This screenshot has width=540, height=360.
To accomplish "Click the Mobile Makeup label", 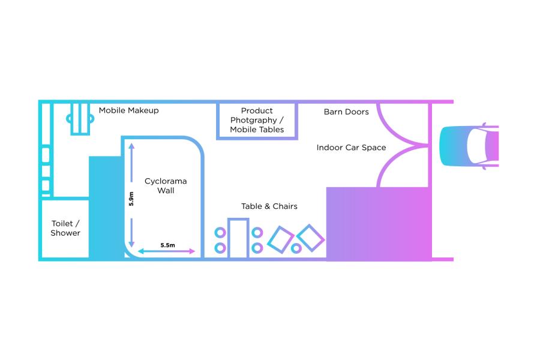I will pyautogui.click(x=129, y=110).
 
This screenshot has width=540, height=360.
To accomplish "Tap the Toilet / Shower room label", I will pyautogui.click(x=65, y=229).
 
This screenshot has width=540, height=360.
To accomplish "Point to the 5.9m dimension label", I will pyautogui.click(x=131, y=199).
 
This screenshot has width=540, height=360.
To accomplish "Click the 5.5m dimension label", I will pyautogui.click(x=167, y=245).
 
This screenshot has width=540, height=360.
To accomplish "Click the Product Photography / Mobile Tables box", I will pyautogui.click(x=257, y=121).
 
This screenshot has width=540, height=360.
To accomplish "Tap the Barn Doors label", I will pyautogui.click(x=346, y=112).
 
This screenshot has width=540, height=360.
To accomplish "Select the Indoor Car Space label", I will pyautogui.click(x=351, y=148).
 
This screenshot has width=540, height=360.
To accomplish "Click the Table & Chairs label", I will pyautogui.click(x=269, y=206).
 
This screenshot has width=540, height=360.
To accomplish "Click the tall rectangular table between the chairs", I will pyautogui.click(x=238, y=239).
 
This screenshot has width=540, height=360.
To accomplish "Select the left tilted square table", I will pyautogui.click(x=280, y=239).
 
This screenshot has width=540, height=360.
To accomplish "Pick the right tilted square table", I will pyautogui.click(x=310, y=238).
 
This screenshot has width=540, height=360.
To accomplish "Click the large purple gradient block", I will pyautogui.click(x=379, y=223).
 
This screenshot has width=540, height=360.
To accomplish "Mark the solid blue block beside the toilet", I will pyautogui.click(x=106, y=207).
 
